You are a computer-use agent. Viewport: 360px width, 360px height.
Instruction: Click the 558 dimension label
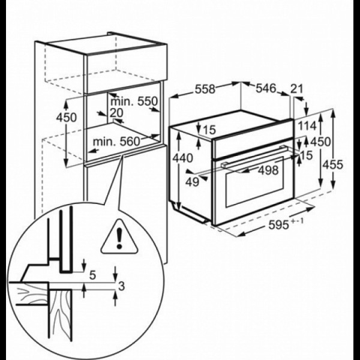tap(205, 89)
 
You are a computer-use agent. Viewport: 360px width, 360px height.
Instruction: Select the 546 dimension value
tap(266, 88)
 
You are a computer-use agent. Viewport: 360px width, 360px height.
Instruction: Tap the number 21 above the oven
tap(297, 89)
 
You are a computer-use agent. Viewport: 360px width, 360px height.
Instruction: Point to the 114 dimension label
tap(307, 126)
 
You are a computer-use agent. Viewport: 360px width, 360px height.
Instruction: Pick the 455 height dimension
tap(332, 164)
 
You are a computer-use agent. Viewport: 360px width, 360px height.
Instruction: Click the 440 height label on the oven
tap(183, 158)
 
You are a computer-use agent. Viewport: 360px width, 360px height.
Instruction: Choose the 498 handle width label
tap(268, 170)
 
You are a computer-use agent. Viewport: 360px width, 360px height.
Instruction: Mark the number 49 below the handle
tap(192, 182)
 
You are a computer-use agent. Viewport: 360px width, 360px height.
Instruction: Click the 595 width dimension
tap(278, 225)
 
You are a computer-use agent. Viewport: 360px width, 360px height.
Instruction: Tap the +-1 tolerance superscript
tap(298, 221)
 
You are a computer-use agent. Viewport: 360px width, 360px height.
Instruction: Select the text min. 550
tap(134, 101)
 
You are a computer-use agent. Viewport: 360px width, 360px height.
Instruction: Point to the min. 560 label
tap(116, 142)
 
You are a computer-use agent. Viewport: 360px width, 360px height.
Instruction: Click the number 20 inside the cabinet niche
tap(116, 113)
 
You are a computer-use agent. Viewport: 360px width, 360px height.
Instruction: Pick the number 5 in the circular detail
tap(92, 275)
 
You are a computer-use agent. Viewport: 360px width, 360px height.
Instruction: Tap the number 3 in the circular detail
tap(121, 286)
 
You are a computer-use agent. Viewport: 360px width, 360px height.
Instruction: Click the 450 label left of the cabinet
tap(67, 118)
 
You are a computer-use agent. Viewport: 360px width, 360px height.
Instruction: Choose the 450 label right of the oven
tap(320, 142)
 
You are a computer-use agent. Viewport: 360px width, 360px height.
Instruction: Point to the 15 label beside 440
tap(209, 130)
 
